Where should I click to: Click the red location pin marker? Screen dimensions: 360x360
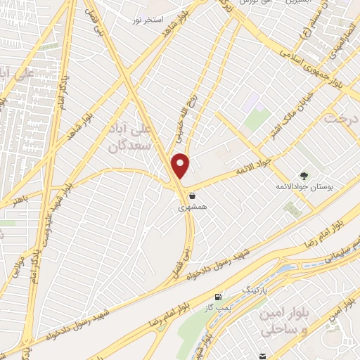click(x=181, y=165)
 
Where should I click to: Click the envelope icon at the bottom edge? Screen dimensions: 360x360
click(x=264, y=356)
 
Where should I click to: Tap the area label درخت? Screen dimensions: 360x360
click(x=342, y=118)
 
